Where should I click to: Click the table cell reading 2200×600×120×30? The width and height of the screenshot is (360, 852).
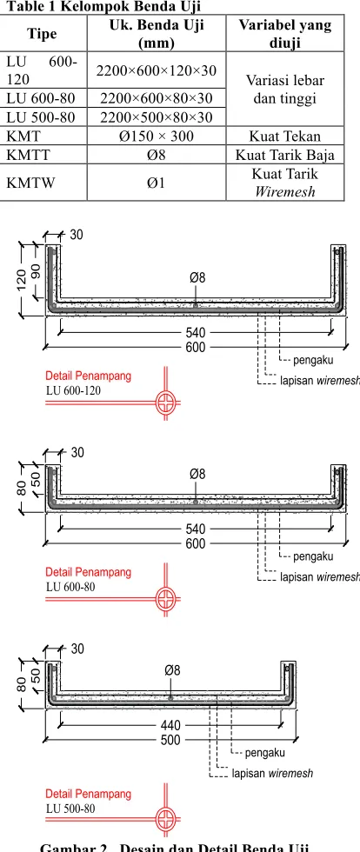click(156, 70)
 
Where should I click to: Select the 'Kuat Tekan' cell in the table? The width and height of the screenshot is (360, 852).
click(285, 136)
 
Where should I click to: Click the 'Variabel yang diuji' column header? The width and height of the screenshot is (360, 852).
click(285, 33)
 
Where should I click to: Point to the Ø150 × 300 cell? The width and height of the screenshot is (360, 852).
click(156, 136)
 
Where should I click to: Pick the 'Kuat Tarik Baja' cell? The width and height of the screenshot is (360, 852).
click(285, 155)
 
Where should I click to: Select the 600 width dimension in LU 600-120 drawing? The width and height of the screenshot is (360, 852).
click(196, 347)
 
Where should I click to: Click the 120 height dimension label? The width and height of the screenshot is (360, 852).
click(22, 278)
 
